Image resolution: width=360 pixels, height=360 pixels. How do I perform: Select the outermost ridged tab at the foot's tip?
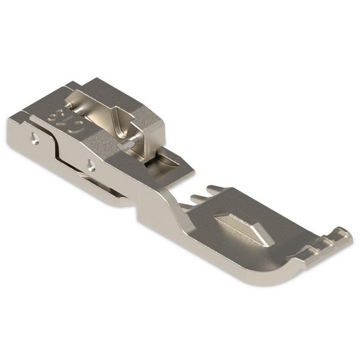(343, 236)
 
